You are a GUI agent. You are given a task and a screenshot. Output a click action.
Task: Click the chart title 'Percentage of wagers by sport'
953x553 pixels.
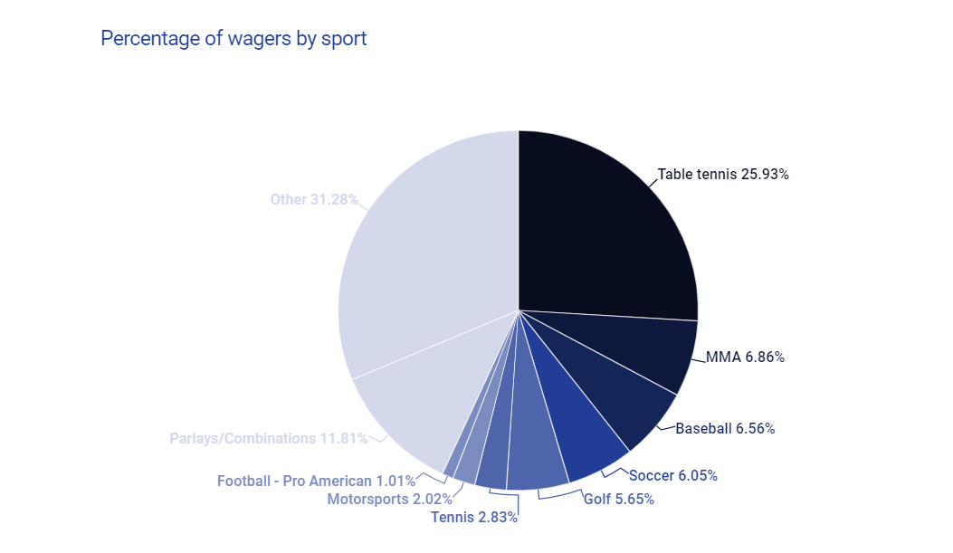coord(233,38)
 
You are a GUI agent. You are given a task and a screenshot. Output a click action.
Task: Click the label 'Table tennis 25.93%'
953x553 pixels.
coord(723,175)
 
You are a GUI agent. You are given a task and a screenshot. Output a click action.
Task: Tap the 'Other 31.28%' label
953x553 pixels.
coord(314,199)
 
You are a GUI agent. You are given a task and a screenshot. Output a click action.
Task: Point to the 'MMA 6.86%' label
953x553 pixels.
coord(745,358)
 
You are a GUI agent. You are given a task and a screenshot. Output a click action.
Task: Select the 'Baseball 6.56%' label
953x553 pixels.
coord(725,428)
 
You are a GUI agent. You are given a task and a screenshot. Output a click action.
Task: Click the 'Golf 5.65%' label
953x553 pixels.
coord(618,499)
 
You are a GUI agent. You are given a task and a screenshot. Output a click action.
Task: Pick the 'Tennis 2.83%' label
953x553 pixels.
coord(474,517)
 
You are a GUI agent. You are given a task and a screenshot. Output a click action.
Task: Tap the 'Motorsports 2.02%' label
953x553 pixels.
coord(389,499)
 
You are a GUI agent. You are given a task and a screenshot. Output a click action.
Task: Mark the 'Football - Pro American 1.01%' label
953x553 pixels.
coord(316,481)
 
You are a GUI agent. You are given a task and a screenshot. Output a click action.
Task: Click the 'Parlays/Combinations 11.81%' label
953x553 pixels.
coord(269,438)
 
